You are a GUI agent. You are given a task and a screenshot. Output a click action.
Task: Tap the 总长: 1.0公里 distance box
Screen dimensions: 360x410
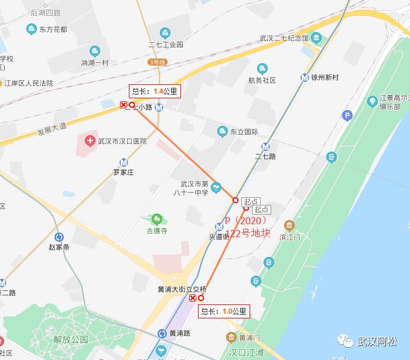point(224,311)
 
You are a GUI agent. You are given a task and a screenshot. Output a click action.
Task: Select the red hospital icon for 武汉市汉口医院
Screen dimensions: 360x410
point(90,140)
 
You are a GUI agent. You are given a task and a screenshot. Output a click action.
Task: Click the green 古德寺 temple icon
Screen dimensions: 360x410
point(156,220)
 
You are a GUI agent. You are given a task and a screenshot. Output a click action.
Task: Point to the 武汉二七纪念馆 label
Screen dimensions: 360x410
point(284,39)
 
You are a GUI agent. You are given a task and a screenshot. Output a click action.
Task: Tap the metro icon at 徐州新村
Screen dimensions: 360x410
point(305,77)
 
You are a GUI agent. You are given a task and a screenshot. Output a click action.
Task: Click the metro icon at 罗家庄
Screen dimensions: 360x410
point(124,163)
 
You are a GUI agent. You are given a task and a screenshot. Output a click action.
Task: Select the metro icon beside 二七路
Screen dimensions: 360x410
point(265,147)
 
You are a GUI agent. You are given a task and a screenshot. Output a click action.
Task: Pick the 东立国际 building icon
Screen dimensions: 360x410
point(222,131)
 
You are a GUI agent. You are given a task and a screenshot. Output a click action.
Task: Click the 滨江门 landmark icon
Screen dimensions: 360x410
point(289,226)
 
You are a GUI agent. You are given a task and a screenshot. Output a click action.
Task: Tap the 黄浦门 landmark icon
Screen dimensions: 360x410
point(231,338)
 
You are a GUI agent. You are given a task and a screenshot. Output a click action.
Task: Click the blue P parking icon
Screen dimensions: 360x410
point(347,116)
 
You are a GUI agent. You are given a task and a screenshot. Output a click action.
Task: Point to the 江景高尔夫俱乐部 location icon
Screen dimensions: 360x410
point(372,102)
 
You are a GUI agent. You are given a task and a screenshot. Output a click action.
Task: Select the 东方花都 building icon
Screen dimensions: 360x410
point(30,29)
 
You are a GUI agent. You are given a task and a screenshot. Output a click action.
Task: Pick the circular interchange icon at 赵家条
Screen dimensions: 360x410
point(59,236)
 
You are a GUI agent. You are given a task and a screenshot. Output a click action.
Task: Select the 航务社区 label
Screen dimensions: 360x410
point(261,81)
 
